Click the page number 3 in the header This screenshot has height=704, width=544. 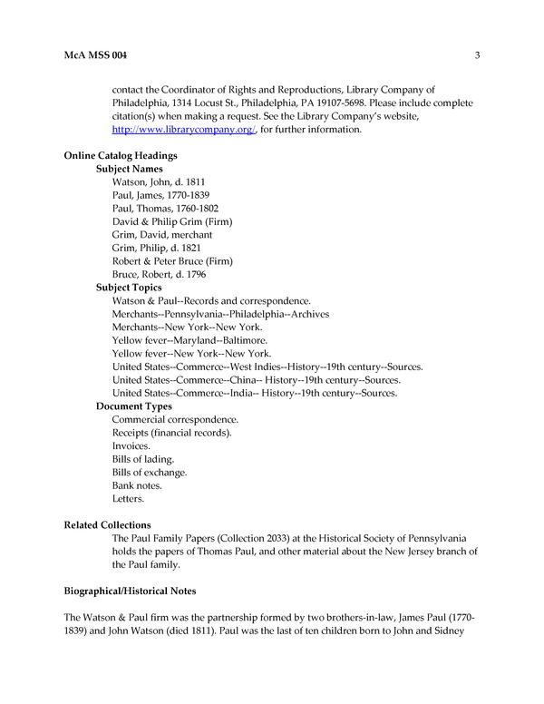click(476, 56)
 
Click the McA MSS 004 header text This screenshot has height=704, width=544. click(95, 56)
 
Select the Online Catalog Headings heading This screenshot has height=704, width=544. click(120, 156)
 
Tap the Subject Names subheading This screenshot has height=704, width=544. click(129, 169)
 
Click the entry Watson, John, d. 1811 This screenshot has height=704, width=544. click(152, 182)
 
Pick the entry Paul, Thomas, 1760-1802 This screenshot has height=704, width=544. click(165, 209)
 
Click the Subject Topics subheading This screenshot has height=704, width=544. click(129, 288)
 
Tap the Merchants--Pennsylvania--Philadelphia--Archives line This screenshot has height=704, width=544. click(220, 314)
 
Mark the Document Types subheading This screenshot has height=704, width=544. click(133, 406)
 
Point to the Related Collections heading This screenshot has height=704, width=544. click(107, 525)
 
